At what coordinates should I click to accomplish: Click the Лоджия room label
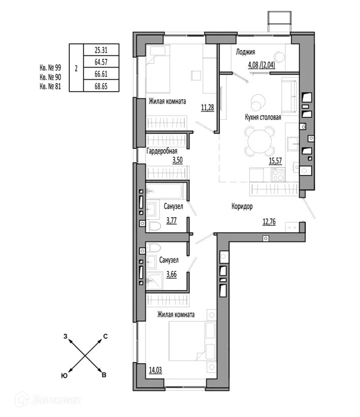click(x=246, y=52)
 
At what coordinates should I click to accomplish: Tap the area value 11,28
click(x=207, y=108)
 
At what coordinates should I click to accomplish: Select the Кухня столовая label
click(x=263, y=117)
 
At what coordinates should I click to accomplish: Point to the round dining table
click(x=260, y=142)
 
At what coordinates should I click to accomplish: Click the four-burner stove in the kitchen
click(x=278, y=175)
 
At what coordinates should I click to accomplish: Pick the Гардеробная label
click(x=162, y=151)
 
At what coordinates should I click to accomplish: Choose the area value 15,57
click(x=275, y=161)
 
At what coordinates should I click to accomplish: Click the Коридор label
click(x=242, y=206)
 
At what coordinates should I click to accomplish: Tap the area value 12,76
click(x=269, y=222)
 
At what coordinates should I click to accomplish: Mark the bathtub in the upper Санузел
click(x=165, y=191)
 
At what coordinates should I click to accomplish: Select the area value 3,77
click(x=171, y=221)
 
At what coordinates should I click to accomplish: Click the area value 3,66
click(x=171, y=274)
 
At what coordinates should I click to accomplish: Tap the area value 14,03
click(x=156, y=370)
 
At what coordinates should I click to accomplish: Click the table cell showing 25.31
click(x=101, y=49)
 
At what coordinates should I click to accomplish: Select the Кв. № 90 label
click(x=50, y=77)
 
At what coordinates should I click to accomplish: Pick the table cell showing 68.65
click(x=101, y=86)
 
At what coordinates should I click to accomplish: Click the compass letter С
click(x=105, y=337)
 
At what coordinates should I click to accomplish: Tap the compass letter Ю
click(x=64, y=375)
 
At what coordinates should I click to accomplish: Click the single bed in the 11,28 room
click(x=157, y=70)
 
